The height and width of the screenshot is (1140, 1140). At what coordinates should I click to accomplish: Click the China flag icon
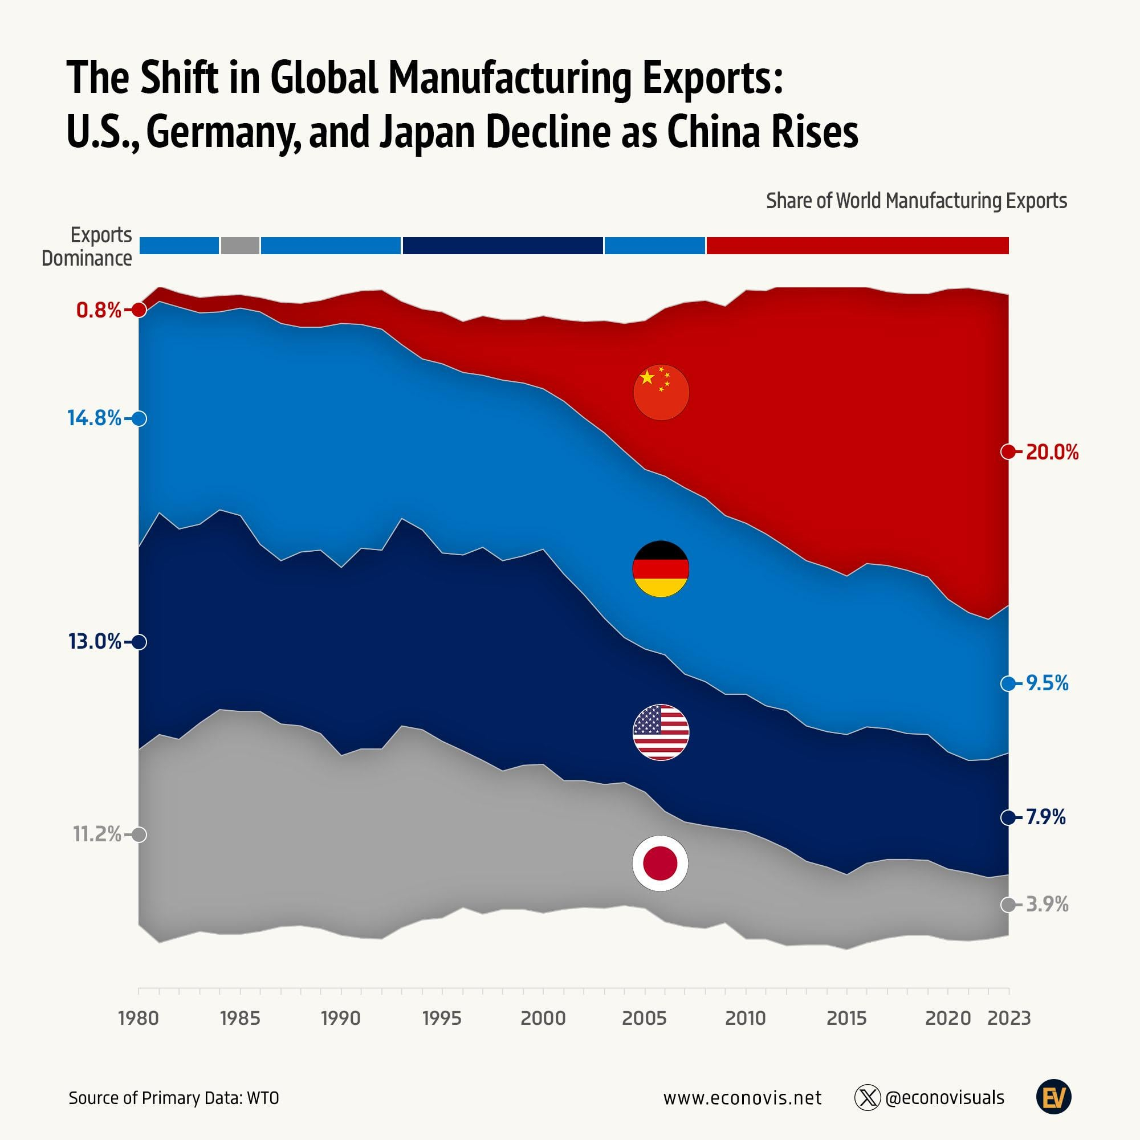point(661,392)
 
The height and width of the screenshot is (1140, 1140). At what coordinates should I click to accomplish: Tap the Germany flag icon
point(660,569)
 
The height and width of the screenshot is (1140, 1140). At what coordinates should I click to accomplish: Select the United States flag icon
point(660,732)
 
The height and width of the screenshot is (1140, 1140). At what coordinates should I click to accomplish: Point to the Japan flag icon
point(659,863)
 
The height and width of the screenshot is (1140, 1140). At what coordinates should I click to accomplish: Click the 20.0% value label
point(1052,453)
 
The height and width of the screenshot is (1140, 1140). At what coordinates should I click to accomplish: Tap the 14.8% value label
point(95,418)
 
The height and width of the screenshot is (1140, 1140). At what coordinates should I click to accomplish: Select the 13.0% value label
point(95,641)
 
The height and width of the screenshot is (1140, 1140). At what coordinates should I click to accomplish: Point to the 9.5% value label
point(1047,683)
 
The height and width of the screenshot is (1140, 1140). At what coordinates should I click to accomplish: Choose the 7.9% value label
point(1045,817)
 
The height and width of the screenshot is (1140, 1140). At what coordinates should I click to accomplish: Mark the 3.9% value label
point(1047,905)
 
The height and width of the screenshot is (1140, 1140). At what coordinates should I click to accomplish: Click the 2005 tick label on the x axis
point(644,1019)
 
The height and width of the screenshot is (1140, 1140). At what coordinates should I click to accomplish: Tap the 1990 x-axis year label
point(340,1019)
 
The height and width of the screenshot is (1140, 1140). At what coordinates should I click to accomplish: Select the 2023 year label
point(1009,1019)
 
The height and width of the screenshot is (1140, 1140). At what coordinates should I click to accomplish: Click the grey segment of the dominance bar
point(239,246)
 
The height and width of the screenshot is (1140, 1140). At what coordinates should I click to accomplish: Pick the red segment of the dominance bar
point(857,246)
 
